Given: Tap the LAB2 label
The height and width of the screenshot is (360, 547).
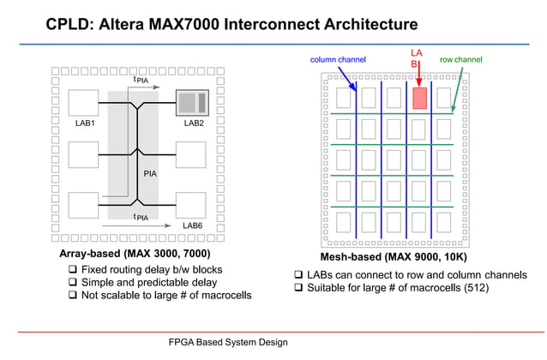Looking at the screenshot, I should (x=193, y=123).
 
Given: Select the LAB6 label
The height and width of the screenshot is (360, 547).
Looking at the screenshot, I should (x=193, y=225).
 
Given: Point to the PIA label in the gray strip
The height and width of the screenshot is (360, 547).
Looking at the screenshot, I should (x=150, y=174).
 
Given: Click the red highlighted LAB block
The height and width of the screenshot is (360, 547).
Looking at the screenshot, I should (x=419, y=97).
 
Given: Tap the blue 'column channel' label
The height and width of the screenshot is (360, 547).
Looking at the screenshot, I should (x=338, y=60).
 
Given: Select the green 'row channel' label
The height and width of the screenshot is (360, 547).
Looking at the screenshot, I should (x=460, y=60).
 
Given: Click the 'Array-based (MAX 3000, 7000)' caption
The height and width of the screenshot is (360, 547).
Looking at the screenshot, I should (x=135, y=255).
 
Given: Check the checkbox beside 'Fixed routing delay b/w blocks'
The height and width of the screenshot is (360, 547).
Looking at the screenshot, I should (x=74, y=271).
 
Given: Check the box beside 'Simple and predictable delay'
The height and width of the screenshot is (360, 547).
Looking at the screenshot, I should (x=74, y=284).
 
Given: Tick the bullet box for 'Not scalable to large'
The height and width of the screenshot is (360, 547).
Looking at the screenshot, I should (x=74, y=297).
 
